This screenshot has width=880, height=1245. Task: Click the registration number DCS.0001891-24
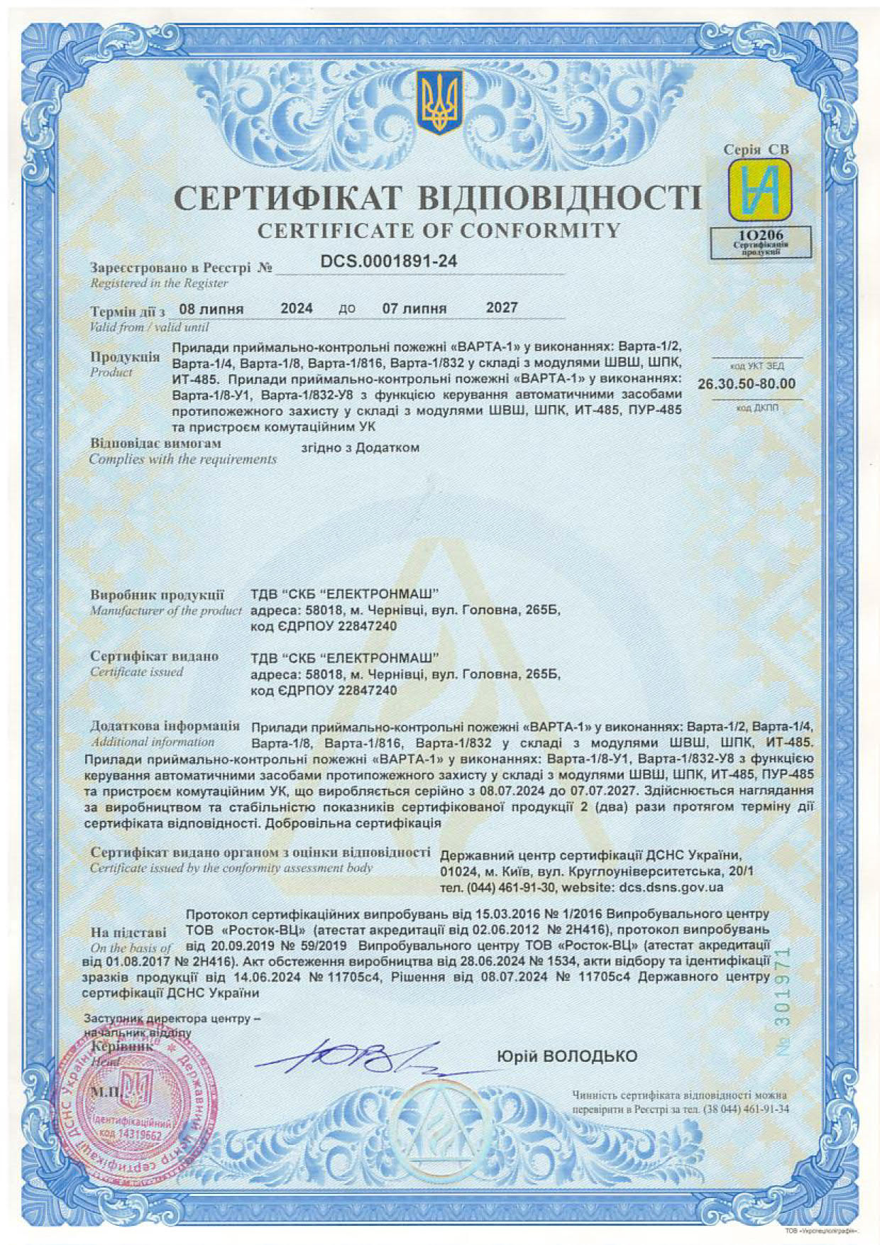389,261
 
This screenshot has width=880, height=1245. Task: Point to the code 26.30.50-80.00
747,384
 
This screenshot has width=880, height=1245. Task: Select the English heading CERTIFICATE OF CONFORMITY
439,231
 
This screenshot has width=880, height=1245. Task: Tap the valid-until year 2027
502,308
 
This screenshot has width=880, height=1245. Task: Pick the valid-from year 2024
297,308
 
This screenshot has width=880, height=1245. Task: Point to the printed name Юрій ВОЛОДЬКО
568,1056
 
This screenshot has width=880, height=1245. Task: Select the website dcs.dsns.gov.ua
671,887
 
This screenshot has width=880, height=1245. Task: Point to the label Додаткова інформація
165,727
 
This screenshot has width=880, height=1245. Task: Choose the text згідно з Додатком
360,448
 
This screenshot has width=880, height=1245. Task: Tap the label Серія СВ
756,150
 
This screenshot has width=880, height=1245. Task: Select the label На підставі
129,932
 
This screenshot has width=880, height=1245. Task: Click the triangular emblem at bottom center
439,1121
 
